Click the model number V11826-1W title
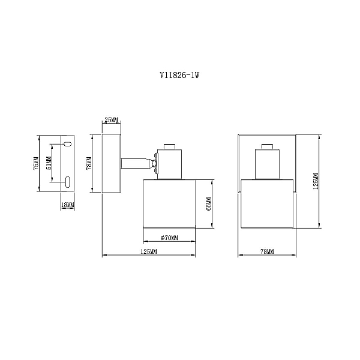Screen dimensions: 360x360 click(179, 75)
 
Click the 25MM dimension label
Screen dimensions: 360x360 click(112, 119)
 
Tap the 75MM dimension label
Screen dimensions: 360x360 click(36, 163)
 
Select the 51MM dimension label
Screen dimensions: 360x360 click(49, 163)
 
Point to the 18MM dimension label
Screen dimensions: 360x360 click(68, 205)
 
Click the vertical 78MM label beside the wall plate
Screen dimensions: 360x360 click(89, 163)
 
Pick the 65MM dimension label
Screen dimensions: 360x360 click(209, 204)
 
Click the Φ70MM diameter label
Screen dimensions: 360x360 click(169, 238)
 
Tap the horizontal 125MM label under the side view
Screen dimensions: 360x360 click(149, 251)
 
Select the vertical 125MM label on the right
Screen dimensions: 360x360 click(316, 181)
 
